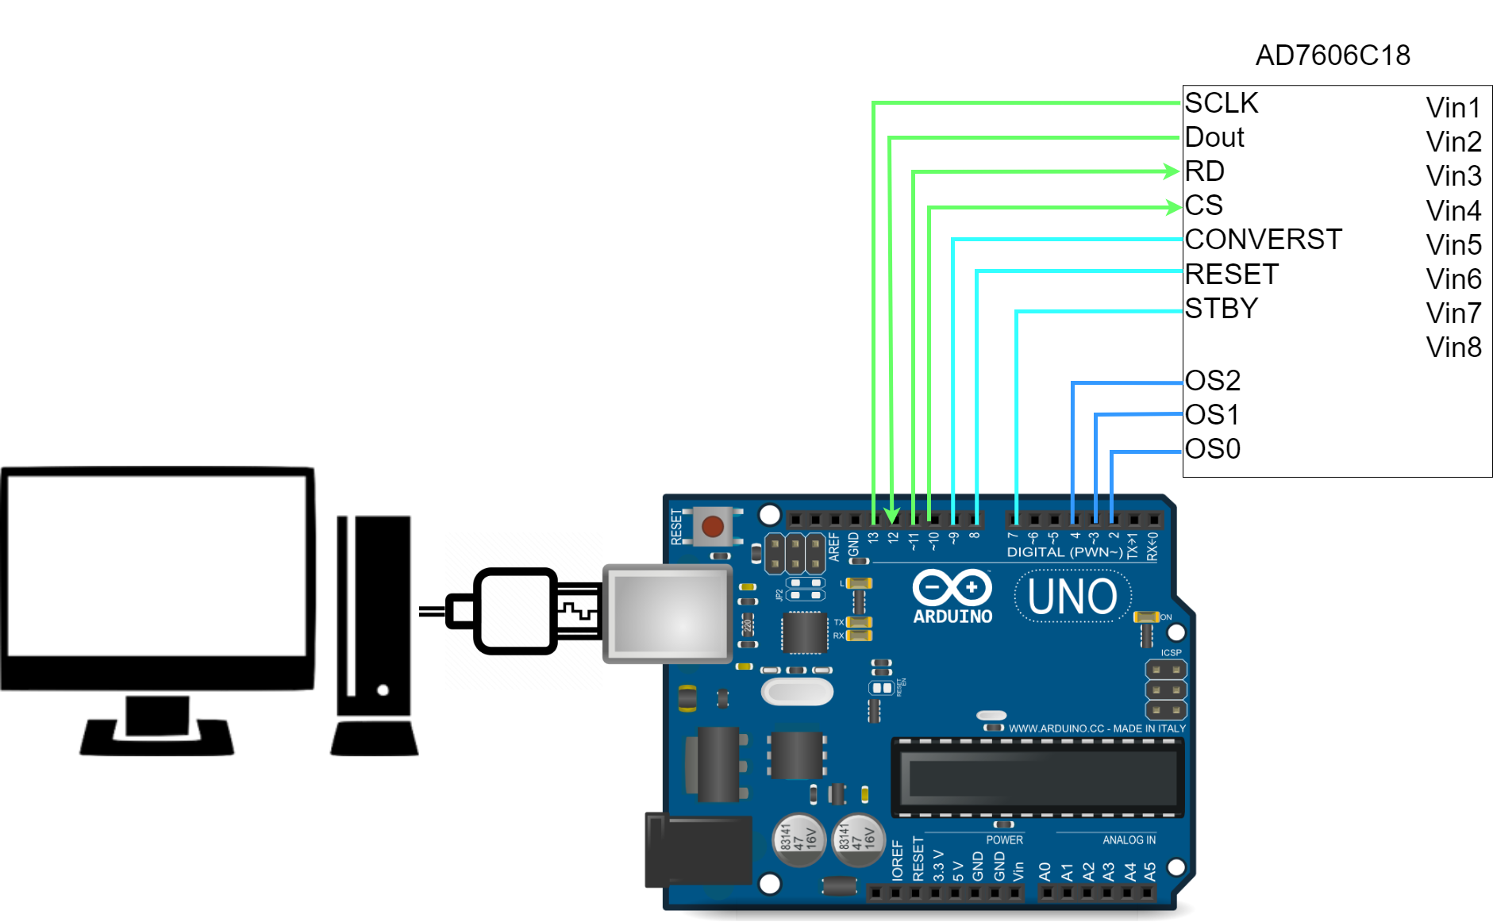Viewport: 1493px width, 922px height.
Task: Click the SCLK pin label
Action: coord(1221,103)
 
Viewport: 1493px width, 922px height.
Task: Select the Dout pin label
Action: coord(1214,137)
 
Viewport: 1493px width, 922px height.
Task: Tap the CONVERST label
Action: coord(1263,239)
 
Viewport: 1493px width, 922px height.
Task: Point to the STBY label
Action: coord(1221,308)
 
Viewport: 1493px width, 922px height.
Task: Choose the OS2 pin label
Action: coord(1212,380)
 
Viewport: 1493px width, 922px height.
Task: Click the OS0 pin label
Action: coord(1212,449)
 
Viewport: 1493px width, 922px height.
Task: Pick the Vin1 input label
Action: coord(1453,107)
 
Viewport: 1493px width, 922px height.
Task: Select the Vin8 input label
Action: coord(1453,348)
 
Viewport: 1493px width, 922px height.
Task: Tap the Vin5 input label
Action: coord(1453,244)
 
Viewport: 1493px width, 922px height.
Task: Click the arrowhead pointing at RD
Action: coord(1172,171)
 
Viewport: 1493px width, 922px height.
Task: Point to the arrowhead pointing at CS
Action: coord(1174,207)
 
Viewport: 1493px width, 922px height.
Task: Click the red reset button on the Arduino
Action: coord(712,527)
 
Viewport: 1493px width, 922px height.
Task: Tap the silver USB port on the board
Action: coord(668,613)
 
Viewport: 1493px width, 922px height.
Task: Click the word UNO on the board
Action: coord(1072,597)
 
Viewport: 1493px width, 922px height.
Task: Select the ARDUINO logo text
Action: coord(952,617)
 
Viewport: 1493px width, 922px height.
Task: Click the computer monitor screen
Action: coord(157,565)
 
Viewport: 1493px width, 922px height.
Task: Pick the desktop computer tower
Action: coord(374,619)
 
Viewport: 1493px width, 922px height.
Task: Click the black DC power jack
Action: coord(698,850)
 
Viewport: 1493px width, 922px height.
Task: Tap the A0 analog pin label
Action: coord(1045,871)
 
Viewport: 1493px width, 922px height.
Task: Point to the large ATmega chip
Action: coord(1037,778)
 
